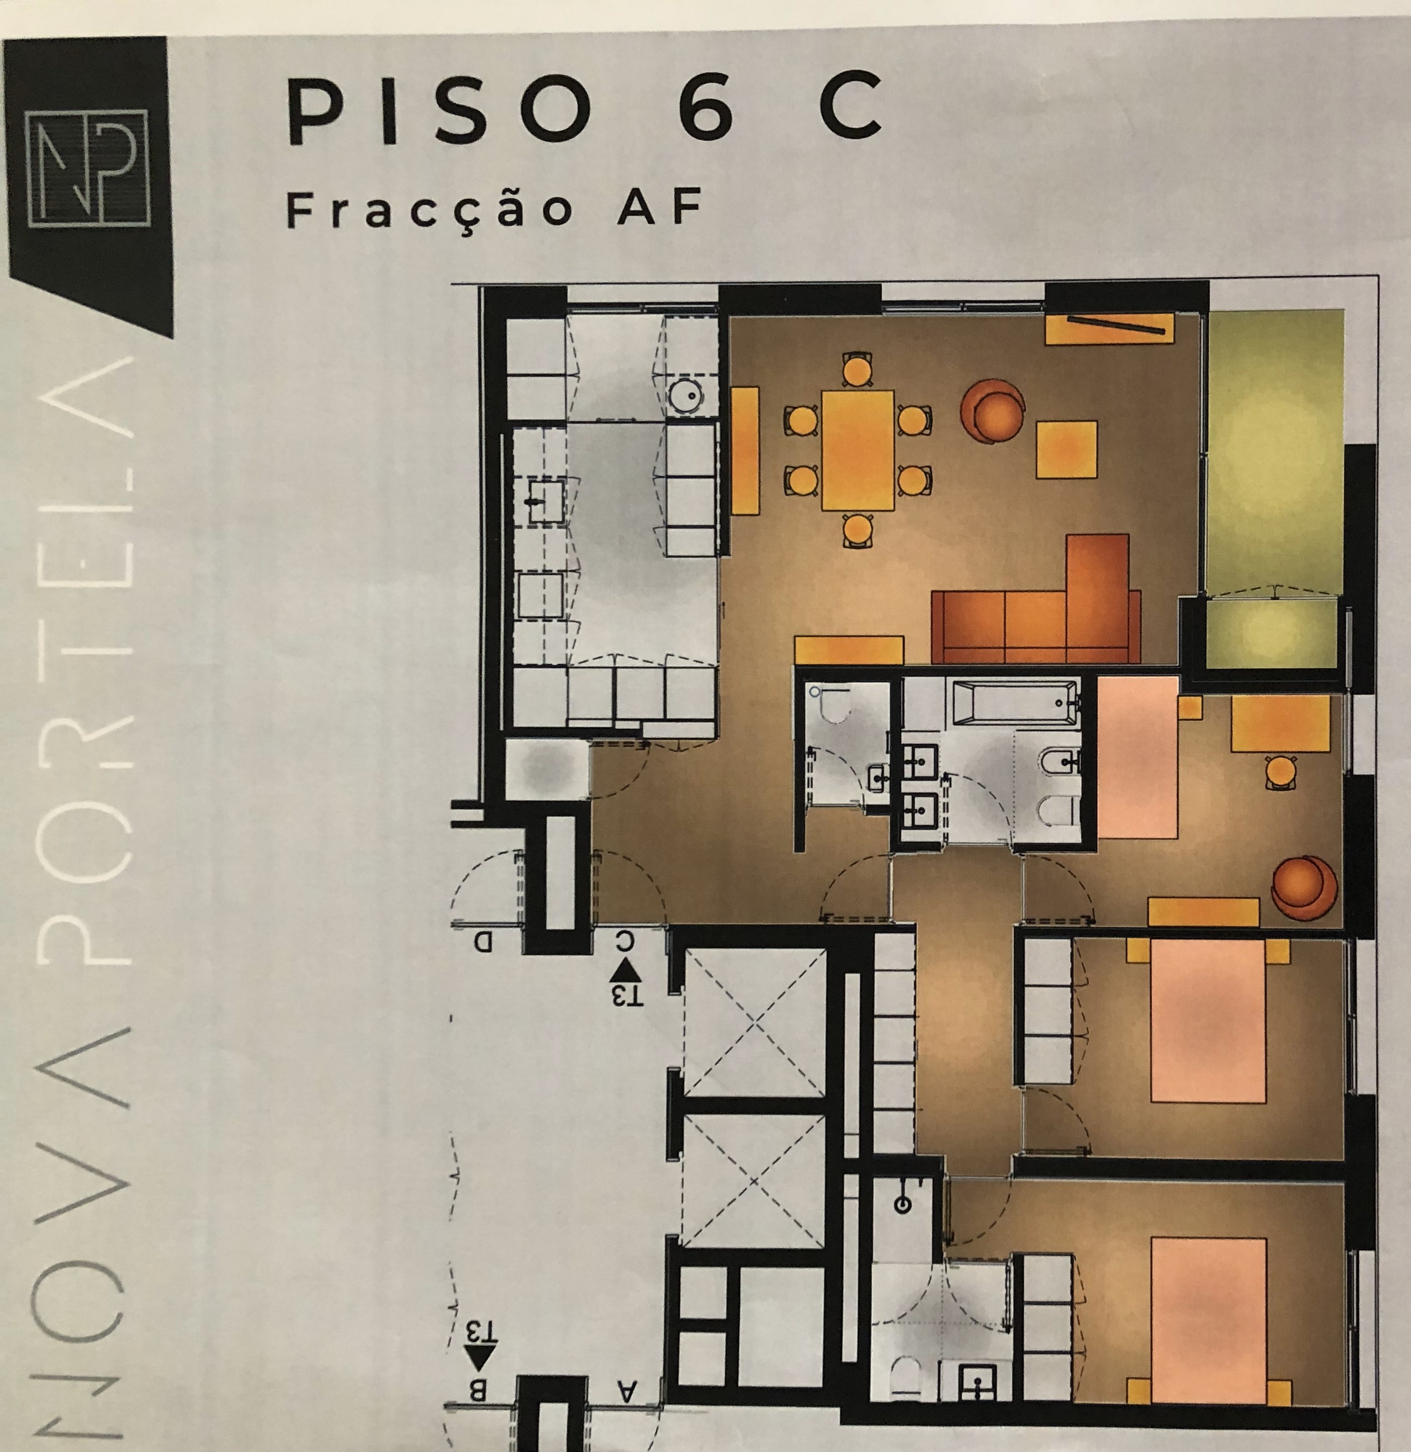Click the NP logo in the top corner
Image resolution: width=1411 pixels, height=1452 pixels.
tap(87, 168)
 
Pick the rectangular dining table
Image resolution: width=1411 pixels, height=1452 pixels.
tap(857, 450)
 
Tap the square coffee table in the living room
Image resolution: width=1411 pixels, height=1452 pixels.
tap(1067, 448)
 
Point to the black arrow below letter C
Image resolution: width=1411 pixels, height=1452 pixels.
tap(627, 970)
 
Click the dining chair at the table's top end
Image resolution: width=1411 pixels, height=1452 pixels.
tap(857, 368)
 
